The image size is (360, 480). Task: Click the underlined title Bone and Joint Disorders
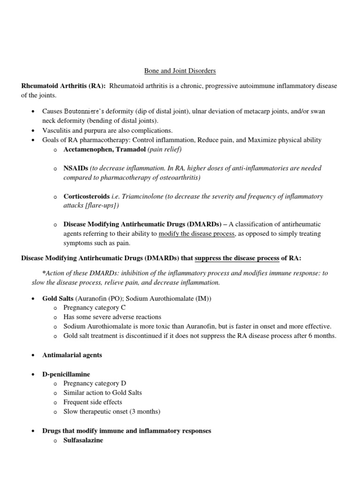[x=180, y=71]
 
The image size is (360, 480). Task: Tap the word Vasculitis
[x=55, y=130]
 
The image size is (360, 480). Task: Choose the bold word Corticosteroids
[x=87, y=196]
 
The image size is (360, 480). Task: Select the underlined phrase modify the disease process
[x=197, y=234]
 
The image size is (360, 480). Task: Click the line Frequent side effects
[x=93, y=402]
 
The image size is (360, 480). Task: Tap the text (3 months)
[x=145, y=412]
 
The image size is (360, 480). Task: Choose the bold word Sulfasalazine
[x=83, y=440]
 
